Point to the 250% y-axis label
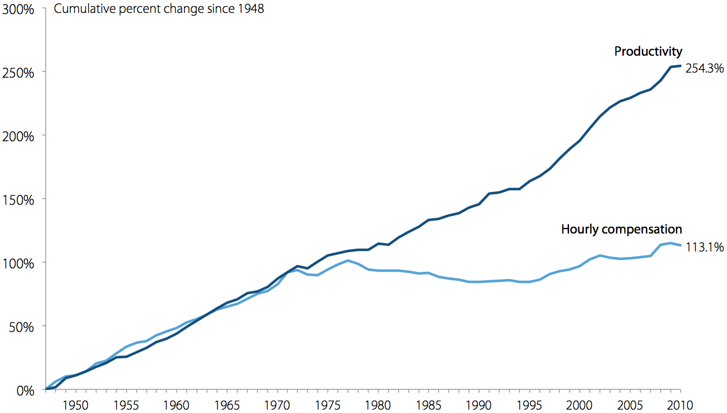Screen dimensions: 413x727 [19, 73]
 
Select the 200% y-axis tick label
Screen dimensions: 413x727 [19, 137]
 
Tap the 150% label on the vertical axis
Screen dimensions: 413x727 [19, 200]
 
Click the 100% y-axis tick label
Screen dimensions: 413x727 [19, 263]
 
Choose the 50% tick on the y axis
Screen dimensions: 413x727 [21, 327]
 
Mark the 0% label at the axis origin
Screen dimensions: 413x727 [24, 390]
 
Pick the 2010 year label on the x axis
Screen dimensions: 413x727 [680, 405]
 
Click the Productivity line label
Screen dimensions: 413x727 [648, 52]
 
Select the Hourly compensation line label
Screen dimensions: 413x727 [621, 229]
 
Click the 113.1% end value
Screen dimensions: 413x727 [704, 247]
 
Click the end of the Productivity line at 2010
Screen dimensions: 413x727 [680, 66]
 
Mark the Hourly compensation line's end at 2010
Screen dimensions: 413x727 [680, 245]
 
